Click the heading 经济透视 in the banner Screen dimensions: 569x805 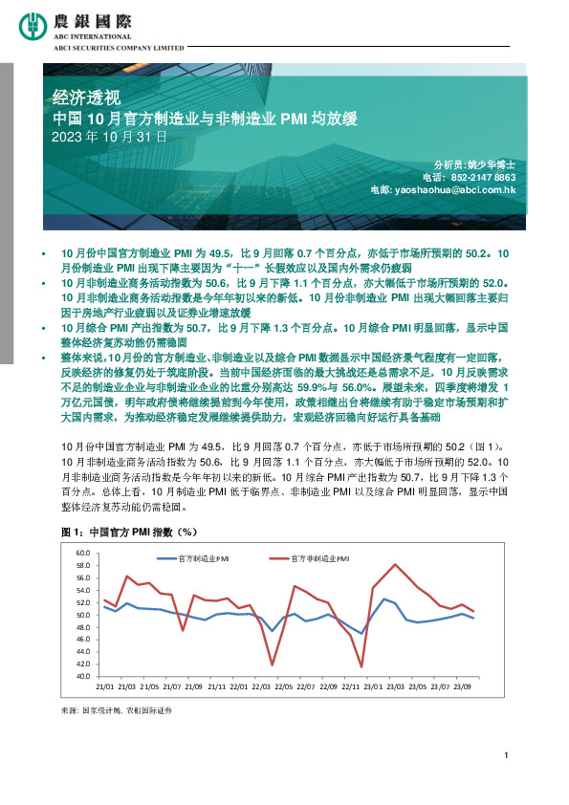(x=87, y=97)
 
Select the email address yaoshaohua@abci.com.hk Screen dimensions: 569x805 (x=455, y=190)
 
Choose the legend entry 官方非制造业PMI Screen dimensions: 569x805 (x=319, y=557)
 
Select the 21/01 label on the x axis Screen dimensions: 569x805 (x=105, y=686)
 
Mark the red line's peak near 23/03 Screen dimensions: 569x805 (x=395, y=564)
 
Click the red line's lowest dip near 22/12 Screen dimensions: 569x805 (x=361, y=666)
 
